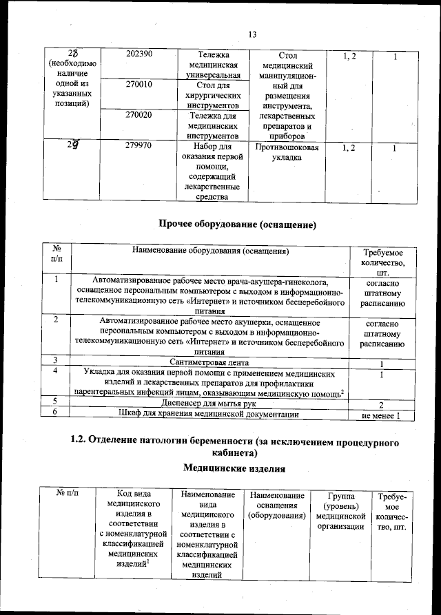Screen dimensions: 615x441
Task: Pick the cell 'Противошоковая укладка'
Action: (286, 152)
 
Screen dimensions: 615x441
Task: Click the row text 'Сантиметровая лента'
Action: (209, 362)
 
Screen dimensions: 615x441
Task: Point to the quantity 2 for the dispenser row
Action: (380, 404)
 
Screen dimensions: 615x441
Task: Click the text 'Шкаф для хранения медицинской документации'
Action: (209, 414)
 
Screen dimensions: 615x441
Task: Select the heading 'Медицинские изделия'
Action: (234, 468)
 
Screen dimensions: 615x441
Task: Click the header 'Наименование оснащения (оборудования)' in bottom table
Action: (276, 505)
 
